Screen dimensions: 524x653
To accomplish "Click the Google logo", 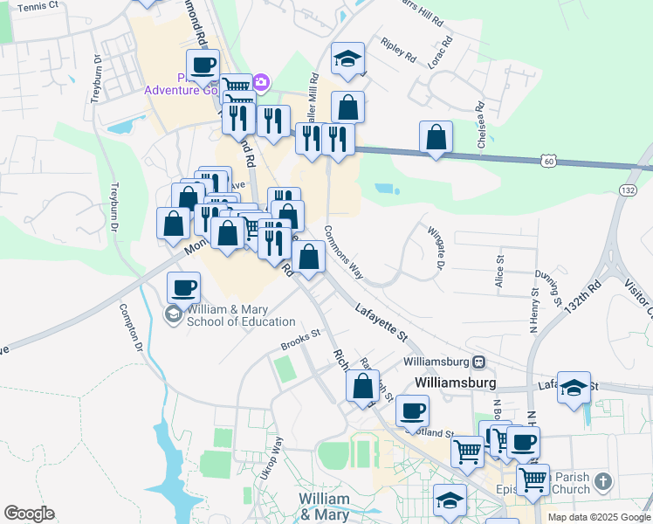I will click(x=29, y=514).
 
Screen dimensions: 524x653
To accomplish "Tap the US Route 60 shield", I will click(x=547, y=161).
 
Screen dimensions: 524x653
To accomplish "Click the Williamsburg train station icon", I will click(x=479, y=362).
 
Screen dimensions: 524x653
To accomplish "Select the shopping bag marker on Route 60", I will click(x=436, y=137).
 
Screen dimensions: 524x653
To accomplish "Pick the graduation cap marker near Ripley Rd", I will click(x=347, y=59).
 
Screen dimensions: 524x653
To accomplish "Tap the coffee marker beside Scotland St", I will click(x=412, y=410).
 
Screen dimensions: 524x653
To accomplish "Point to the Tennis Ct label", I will click(x=37, y=6).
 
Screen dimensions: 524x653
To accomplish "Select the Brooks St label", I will click(x=301, y=338).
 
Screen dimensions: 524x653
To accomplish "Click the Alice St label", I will click(x=498, y=271).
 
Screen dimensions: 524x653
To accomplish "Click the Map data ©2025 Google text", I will click(x=598, y=517).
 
